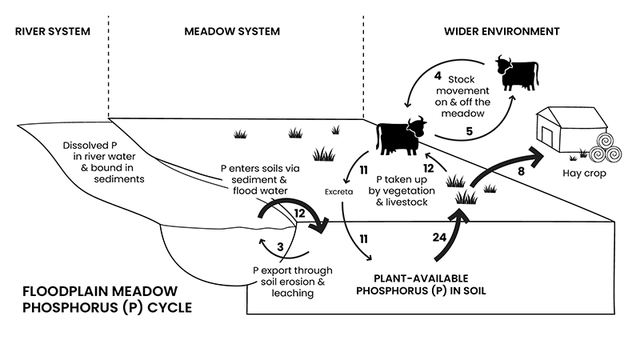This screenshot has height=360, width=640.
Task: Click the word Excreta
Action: pyautogui.click(x=339, y=192)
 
